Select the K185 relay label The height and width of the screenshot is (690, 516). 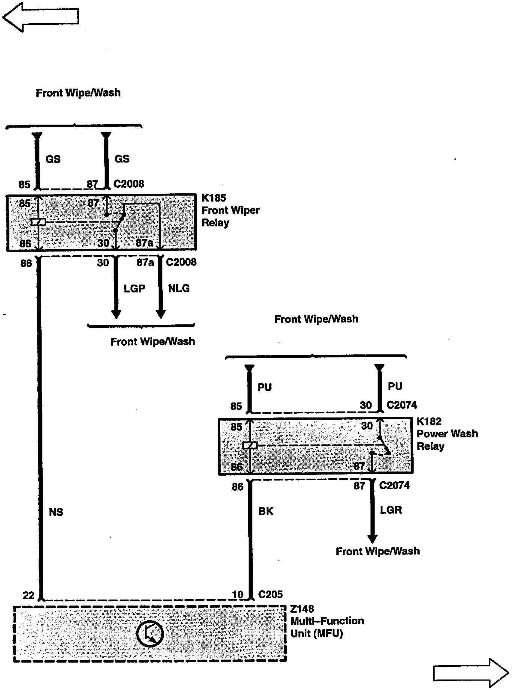click(x=214, y=197)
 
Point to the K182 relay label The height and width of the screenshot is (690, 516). click(x=429, y=421)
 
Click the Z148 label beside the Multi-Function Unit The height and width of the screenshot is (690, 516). click(x=302, y=609)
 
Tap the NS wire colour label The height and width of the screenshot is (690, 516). click(x=56, y=512)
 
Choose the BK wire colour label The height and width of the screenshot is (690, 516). click(x=266, y=511)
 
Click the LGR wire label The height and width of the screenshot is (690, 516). click(x=391, y=510)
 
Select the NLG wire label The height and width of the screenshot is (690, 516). click(x=179, y=288)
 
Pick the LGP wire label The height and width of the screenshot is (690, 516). click(x=134, y=288)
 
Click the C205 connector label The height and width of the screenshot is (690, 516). click(x=270, y=594)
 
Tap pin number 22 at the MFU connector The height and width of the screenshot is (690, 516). click(x=28, y=595)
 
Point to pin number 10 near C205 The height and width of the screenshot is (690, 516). click(x=238, y=595)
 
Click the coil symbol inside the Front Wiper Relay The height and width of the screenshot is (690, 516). click(x=38, y=222)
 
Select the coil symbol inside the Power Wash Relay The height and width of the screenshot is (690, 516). click(x=250, y=446)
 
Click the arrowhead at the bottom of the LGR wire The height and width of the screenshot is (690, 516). click(x=372, y=538)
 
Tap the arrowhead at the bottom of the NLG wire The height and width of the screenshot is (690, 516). click(x=161, y=313)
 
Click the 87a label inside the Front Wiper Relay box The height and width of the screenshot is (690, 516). click(x=144, y=243)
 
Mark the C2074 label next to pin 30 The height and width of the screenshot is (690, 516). click(x=402, y=405)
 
